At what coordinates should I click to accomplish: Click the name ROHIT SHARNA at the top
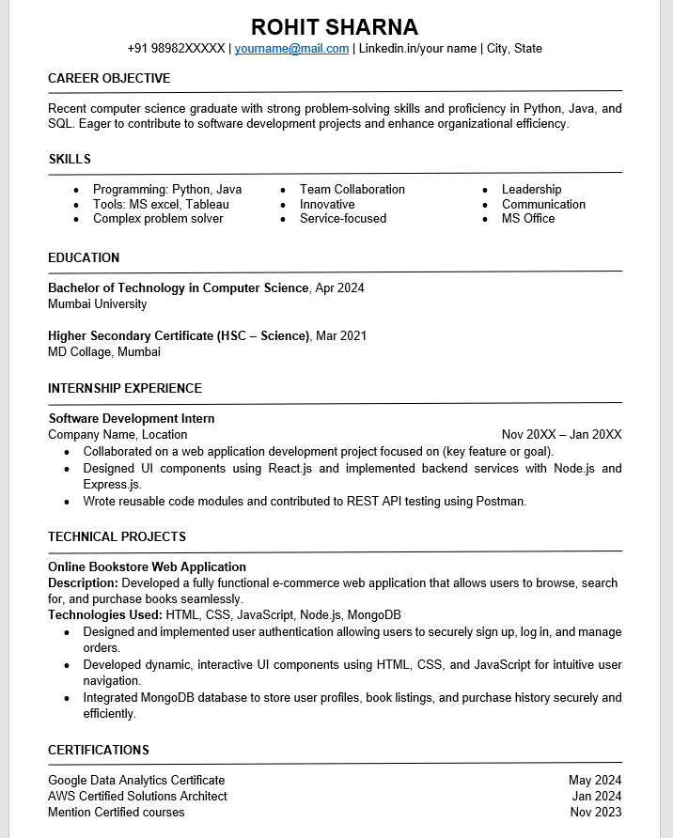[x=335, y=26]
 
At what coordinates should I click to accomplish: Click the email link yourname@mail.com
[x=291, y=48]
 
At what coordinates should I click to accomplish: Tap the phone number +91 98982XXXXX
[x=176, y=48]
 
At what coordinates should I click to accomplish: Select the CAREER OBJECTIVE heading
[x=109, y=78]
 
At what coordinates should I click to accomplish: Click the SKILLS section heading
[x=70, y=159]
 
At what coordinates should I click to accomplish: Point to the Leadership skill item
[x=531, y=189]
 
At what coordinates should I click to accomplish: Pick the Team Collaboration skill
[x=352, y=189]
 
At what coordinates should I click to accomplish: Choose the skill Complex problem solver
[x=158, y=218]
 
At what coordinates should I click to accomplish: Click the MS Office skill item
[x=528, y=218]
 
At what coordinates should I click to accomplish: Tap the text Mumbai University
[x=98, y=303]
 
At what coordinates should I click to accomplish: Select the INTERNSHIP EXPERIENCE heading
[x=125, y=388]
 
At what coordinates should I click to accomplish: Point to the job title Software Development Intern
[x=132, y=418]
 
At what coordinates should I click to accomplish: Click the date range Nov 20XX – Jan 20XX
[x=561, y=434]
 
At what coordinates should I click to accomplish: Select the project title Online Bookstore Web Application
[x=147, y=566]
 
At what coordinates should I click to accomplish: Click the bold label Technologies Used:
[x=105, y=614]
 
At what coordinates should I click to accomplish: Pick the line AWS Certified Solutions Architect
[x=137, y=796]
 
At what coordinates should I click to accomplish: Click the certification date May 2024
[x=595, y=780]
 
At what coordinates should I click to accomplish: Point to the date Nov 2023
[x=596, y=812]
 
